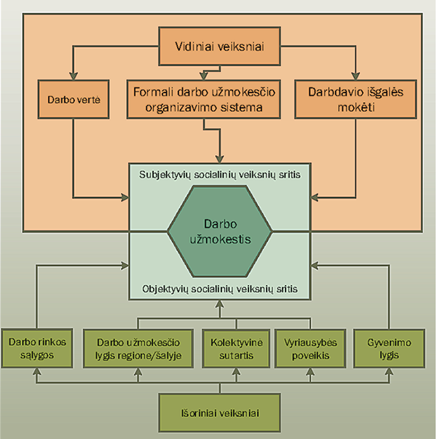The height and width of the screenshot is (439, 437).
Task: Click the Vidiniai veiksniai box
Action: pos(219,48)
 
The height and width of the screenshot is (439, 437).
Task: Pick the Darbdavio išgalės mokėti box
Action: pos(355,100)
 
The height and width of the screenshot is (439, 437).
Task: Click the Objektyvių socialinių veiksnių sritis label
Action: pos(219,290)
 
